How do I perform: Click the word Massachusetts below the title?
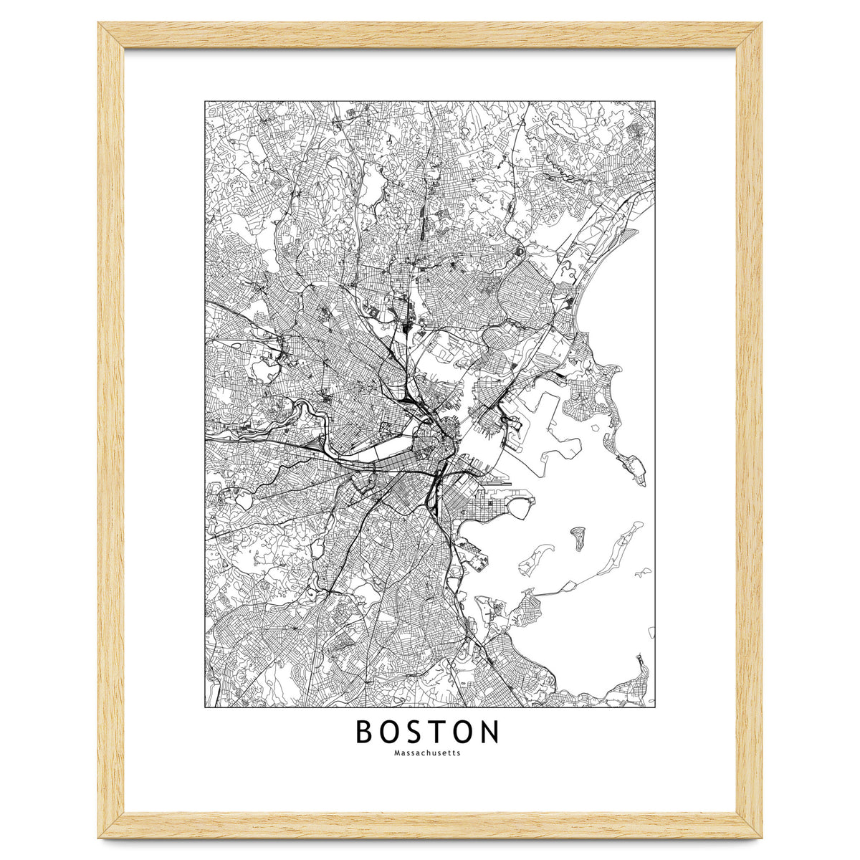point(427,753)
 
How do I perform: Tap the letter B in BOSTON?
point(365,732)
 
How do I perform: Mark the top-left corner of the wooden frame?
point(99,23)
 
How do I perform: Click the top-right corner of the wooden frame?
point(761,23)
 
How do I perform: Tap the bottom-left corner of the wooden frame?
point(99,837)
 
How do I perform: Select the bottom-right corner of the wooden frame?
point(761,837)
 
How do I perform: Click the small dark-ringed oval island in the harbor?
point(578,537)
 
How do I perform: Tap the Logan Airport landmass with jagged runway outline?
point(545,430)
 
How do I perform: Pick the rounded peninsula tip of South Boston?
point(520,507)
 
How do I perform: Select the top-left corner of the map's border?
point(205,101)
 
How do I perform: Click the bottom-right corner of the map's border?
point(655,707)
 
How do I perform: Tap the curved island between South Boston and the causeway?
point(534,559)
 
